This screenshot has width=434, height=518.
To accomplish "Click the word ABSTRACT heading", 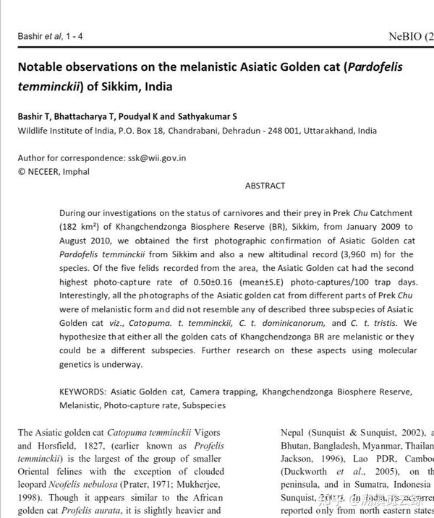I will [x=265, y=186].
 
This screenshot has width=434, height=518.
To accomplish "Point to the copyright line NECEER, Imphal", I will [x=48, y=171].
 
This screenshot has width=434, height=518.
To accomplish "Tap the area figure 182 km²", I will [x=80, y=227].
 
